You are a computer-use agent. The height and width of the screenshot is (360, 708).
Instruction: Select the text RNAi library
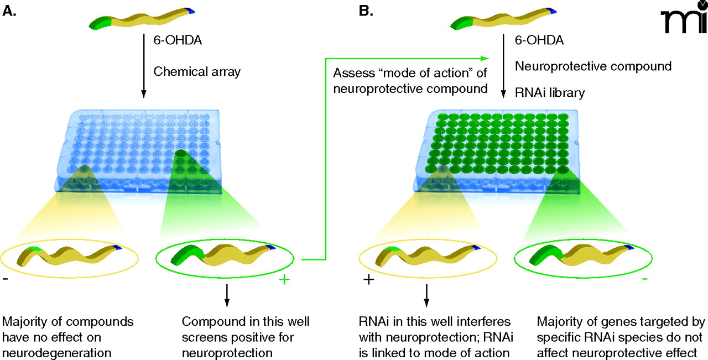click(x=549, y=92)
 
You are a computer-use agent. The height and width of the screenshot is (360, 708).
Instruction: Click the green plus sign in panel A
click(x=284, y=280)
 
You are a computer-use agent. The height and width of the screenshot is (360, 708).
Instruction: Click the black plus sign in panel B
click(x=368, y=280)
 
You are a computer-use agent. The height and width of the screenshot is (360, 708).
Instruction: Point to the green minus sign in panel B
click(x=645, y=280)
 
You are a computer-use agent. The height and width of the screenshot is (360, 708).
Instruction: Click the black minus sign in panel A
click(x=6, y=280)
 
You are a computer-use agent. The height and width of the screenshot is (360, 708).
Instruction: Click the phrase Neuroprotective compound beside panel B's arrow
click(x=593, y=66)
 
